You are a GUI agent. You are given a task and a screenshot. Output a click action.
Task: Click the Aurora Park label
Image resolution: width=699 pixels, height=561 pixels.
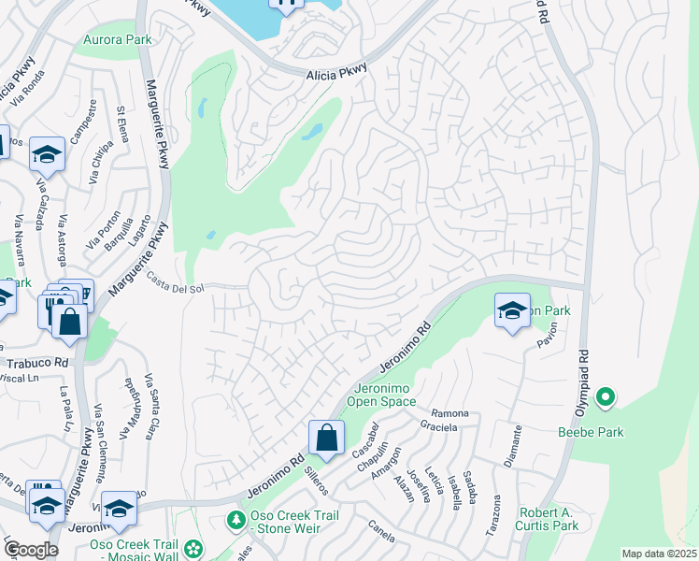[x=117, y=39]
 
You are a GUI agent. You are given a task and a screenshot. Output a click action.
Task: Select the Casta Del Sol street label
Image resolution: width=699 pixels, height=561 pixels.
[x=177, y=283]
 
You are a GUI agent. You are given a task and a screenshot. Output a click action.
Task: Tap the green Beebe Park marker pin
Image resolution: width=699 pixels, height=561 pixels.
[x=605, y=398]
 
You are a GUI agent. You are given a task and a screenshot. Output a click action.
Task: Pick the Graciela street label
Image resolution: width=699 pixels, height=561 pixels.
[x=438, y=427]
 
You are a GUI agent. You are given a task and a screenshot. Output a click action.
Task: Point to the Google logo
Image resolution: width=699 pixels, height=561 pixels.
[x=31, y=550]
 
